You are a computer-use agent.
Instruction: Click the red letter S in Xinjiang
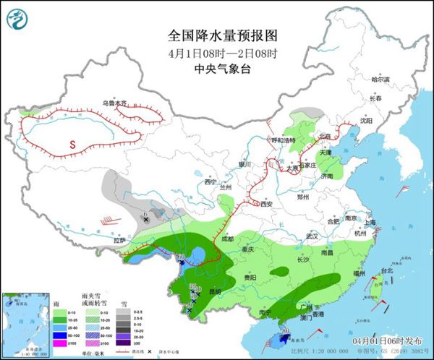[x=72, y=145]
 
